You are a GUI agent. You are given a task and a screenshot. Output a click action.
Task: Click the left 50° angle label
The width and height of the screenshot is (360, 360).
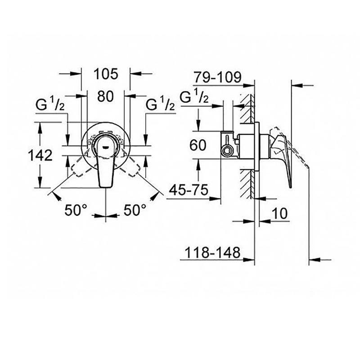click(x=76, y=209)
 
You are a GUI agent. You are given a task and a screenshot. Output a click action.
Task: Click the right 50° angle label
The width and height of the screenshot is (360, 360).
click(x=135, y=209)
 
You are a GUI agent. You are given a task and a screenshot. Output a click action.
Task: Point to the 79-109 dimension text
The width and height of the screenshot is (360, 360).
click(x=217, y=77)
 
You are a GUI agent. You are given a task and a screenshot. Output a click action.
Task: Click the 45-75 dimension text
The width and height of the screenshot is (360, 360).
click(x=189, y=190)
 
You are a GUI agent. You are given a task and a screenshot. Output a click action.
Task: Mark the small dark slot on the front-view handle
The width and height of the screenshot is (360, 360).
click(x=105, y=145)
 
